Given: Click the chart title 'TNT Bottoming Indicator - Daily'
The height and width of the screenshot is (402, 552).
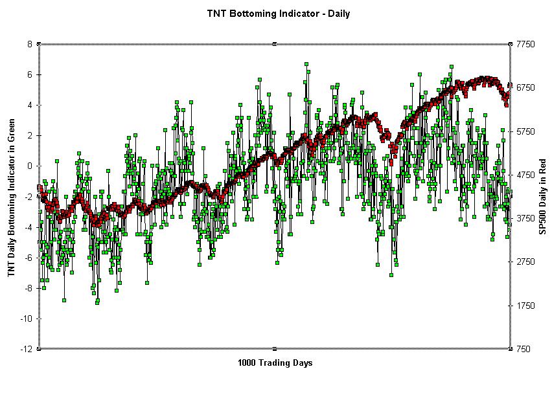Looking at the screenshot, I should [x=279, y=13].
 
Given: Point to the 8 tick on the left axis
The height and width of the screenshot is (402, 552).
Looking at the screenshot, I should [x=30, y=44].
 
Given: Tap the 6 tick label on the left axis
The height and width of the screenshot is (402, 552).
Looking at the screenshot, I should [x=30, y=74].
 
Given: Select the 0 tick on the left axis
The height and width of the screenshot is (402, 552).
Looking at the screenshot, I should [x=30, y=166].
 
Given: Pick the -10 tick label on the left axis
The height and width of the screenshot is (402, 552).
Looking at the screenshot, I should [x=26, y=318].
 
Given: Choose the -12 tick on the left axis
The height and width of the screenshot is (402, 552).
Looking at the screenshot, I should [x=26, y=349].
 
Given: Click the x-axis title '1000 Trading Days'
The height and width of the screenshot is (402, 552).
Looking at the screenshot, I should [x=275, y=363].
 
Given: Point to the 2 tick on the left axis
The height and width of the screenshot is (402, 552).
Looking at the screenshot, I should [x=30, y=135].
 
